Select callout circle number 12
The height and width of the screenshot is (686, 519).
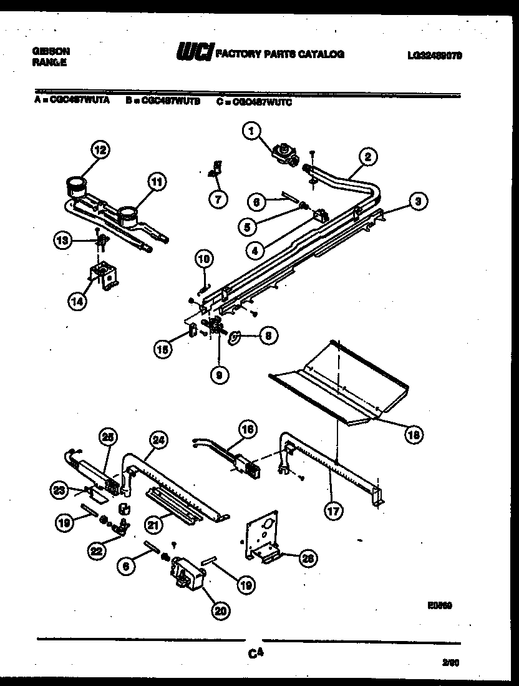pyautogui.click(x=99, y=149)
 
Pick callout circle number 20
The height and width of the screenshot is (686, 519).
pyautogui.click(x=219, y=611)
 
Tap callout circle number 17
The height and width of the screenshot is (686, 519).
pyautogui.click(x=334, y=510)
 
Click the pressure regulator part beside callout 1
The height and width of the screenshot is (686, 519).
pyautogui.click(x=288, y=153)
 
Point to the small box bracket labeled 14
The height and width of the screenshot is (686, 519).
pyautogui.click(x=103, y=276)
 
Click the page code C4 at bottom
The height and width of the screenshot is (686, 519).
pyautogui.click(x=253, y=654)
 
